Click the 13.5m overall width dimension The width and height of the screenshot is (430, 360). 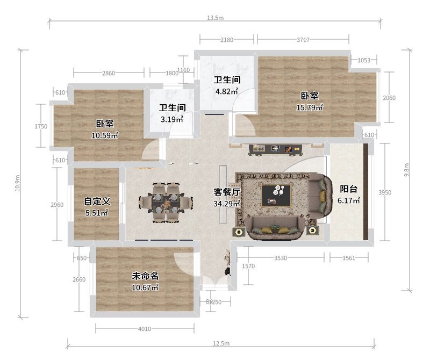tap(216, 18)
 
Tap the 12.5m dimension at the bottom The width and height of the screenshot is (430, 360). tap(221, 343)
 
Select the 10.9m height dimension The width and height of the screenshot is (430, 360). tap(18, 183)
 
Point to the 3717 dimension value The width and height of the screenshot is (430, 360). tap(303, 40)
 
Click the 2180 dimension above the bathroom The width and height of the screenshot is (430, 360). tap(227, 40)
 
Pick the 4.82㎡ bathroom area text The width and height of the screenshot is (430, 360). tap(226, 91)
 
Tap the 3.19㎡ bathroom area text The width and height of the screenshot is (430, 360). tap(172, 119)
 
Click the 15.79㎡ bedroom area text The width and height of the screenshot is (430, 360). tap(310, 107)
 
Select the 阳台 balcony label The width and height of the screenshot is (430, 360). tap(349, 189)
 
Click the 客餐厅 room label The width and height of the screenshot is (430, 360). tap(227, 192)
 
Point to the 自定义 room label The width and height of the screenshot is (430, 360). tap(97, 201)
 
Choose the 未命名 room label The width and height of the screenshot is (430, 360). tap(145, 276)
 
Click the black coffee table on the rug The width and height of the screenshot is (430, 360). tap(276, 195)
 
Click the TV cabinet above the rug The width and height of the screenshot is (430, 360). tap(276, 150)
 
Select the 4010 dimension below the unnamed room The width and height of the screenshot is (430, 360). tap(145, 329)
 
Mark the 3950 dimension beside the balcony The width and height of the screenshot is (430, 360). tap(385, 192)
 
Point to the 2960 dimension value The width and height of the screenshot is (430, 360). tap(57, 205)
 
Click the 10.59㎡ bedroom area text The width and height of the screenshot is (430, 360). tap(105, 135)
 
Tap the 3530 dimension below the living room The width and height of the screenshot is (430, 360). tap(281, 258)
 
